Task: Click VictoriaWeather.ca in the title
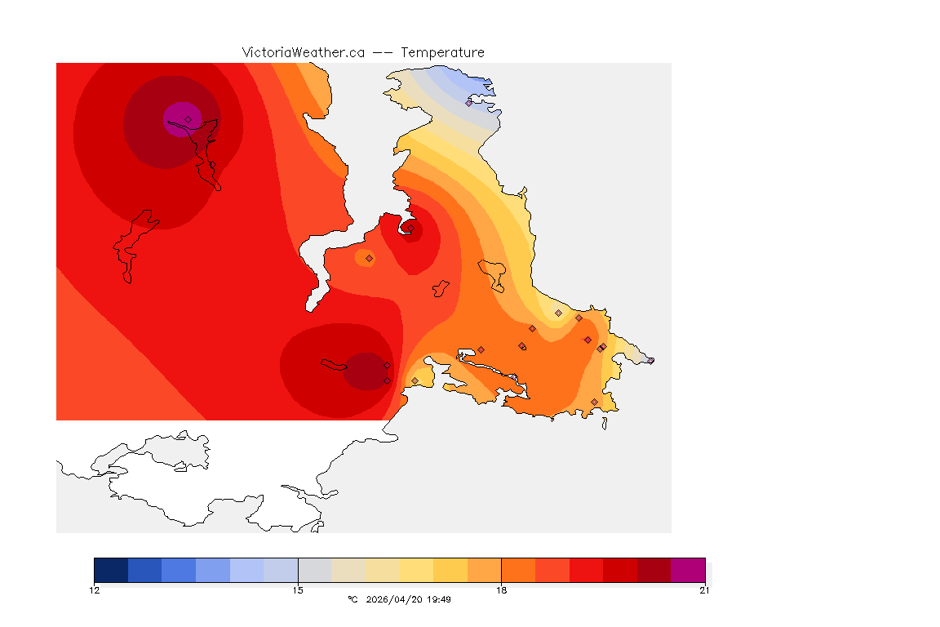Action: coord(303,52)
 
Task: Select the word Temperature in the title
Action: coord(443,52)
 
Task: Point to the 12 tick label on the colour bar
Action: coord(95,590)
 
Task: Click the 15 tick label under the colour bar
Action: coord(298,590)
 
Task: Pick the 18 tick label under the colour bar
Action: coord(501,590)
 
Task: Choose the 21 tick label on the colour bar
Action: coord(704,590)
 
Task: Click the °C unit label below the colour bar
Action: coord(352,599)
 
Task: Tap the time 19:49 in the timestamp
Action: coord(439,599)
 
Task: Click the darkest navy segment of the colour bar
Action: coord(111,570)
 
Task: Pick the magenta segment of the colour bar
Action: coord(688,570)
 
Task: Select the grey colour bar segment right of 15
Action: coord(315,570)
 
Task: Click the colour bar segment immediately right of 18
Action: coord(518,570)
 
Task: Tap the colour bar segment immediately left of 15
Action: coord(281,570)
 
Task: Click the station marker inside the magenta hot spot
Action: coord(188,119)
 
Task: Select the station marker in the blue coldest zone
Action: coord(468,103)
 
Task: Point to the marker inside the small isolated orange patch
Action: coord(369,258)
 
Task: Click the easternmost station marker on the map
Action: coord(650,360)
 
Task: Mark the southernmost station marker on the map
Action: coord(594,402)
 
